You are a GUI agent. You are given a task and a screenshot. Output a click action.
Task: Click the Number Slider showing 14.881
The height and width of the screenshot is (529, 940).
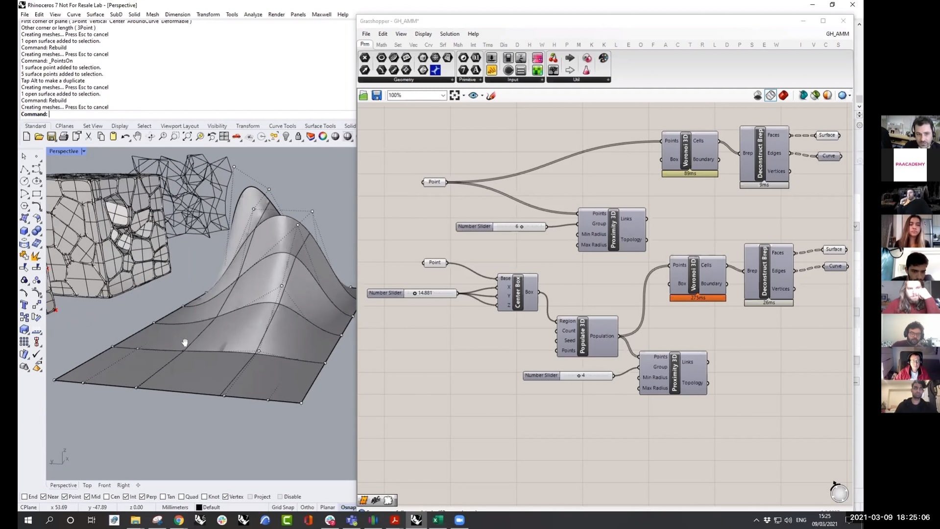pyautogui.click(x=412, y=293)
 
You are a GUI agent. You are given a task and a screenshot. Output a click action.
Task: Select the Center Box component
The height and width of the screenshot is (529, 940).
pyautogui.click(x=517, y=292)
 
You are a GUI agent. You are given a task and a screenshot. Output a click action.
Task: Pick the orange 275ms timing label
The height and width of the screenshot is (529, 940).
pyautogui.click(x=698, y=298)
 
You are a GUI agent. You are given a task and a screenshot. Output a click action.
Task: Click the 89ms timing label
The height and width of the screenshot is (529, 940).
pyautogui.click(x=690, y=174)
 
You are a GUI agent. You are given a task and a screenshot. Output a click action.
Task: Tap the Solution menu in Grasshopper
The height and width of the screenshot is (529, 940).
pyautogui.click(x=449, y=34)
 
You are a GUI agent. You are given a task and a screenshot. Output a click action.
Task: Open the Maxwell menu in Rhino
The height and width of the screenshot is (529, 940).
pyautogui.click(x=321, y=14)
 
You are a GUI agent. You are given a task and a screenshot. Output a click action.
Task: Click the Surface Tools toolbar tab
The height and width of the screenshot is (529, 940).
pyautogui.click(x=320, y=126)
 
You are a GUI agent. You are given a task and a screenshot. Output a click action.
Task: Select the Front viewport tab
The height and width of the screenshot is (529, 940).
pyautogui.click(x=104, y=485)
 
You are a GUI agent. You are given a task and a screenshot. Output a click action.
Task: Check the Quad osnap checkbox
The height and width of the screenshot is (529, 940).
pyautogui.click(x=182, y=497)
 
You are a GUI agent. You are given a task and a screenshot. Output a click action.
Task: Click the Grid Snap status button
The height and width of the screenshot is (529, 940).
pyautogui.click(x=283, y=507)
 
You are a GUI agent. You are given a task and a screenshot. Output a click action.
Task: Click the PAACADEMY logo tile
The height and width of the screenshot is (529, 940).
pyautogui.click(x=910, y=164)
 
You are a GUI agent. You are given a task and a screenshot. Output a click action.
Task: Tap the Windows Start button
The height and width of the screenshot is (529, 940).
pyautogui.click(x=28, y=520)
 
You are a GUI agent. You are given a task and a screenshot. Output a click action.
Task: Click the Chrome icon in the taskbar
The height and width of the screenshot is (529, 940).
pyautogui.click(x=179, y=520)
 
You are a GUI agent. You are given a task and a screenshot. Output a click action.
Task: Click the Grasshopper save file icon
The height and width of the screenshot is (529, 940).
pyautogui.click(x=376, y=96)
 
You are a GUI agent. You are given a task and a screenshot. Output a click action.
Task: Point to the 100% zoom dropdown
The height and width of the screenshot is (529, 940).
pyautogui.click(x=416, y=96)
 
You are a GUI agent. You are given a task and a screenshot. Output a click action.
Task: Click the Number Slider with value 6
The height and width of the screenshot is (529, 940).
pyautogui.click(x=500, y=227)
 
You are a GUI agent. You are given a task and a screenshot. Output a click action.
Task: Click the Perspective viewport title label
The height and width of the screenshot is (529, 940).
pyautogui.click(x=64, y=151)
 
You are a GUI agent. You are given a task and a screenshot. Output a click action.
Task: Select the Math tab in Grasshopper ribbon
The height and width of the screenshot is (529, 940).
pyautogui.click(x=381, y=45)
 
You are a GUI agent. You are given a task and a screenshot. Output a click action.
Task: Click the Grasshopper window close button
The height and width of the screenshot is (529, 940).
pyautogui.click(x=843, y=21)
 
